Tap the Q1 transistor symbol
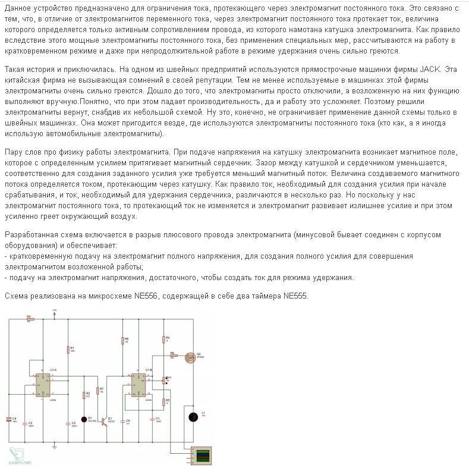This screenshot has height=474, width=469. [x=105, y=420]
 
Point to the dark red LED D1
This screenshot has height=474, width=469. [x=84, y=419]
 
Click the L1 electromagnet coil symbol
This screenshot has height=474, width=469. [x=193, y=417]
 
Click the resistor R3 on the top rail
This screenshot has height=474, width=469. [x=30, y=319]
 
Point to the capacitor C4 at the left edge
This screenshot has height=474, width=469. [x=8, y=420]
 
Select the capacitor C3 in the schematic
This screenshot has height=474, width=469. [x=67, y=423]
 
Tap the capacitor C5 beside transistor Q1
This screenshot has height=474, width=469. [x=122, y=421]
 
